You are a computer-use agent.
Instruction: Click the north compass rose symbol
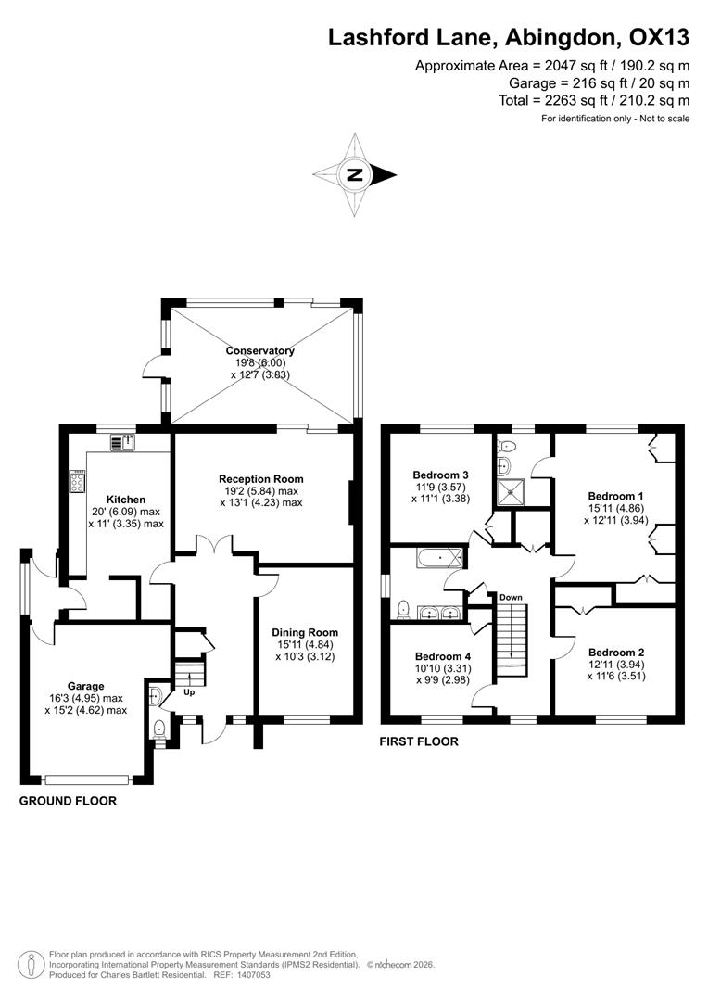tap(354, 174)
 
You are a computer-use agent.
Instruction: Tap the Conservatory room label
tap(260, 350)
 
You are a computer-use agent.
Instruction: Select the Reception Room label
tap(261, 479)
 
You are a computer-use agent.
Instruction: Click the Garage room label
tap(83, 687)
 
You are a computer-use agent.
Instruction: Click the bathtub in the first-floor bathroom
tap(440, 559)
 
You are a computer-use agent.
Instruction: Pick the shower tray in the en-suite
tap(509, 491)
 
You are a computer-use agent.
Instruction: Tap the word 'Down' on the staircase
tap(511, 598)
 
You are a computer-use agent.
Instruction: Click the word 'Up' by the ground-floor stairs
tap(189, 692)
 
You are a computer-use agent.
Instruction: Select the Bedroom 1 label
tap(616, 496)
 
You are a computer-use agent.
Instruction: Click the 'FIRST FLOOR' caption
tap(419, 741)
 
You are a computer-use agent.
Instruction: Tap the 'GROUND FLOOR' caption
tap(68, 801)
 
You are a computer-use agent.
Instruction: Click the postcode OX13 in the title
tap(659, 38)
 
